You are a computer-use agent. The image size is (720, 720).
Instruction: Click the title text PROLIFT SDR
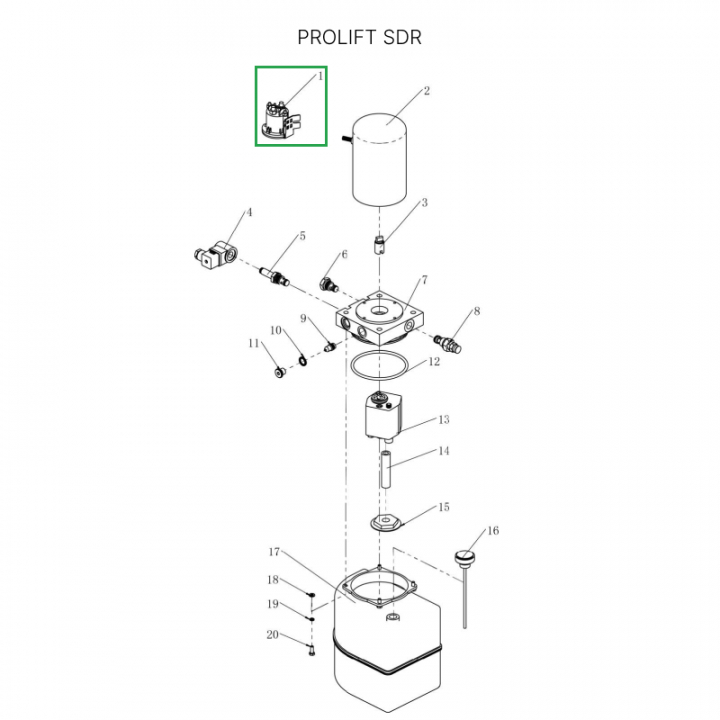click(x=359, y=38)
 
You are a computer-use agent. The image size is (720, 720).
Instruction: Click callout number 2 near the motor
click(x=427, y=91)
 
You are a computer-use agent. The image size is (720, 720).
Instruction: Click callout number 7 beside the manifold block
click(x=424, y=280)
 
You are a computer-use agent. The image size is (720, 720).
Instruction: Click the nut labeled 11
click(x=280, y=372)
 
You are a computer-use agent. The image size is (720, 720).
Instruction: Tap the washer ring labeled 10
click(x=299, y=358)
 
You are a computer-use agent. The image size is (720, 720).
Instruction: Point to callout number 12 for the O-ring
click(x=434, y=362)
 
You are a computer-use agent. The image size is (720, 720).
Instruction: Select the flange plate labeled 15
click(x=386, y=521)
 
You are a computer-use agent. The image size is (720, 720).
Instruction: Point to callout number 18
click(x=273, y=580)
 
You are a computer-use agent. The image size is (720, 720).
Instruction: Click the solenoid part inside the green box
click(x=284, y=116)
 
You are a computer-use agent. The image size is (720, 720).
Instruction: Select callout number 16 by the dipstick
click(x=492, y=530)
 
